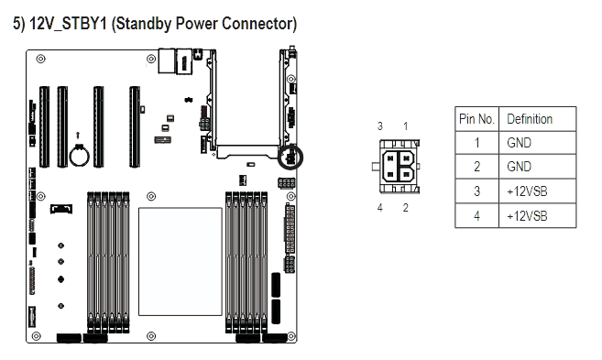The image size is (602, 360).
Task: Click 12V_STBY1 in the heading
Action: pyautogui.click(x=68, y=24)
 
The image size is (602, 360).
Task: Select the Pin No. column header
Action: pyautogui.click(x=476, y=119)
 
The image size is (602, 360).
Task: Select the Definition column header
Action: pyautogui.click(x=530, y=119)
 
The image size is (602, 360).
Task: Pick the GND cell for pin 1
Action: pyautogui.click(x=519, y=143)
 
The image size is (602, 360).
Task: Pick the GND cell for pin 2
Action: pyautogui.click(x=519, y=167)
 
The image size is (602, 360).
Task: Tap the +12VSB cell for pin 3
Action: pyautogui.click(x=527, y=191)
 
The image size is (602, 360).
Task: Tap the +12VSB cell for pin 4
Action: pyautogui.click(x=527, y=215)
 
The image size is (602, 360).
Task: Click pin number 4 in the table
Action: pyautogui.click(x=476, y=215)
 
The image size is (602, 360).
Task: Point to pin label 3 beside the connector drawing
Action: pyautogui.click(x=380, y=125)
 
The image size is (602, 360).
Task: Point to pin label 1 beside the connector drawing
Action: pyautogui.click(x=405, y=125)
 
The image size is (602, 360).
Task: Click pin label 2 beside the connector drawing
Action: pyautogui.click(x=405, y=208)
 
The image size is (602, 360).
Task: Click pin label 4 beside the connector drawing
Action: pyautogui.click(x=379, y=208)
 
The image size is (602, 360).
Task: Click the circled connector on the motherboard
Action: pyautogui.click(x=290, y=158)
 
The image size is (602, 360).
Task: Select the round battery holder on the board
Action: pyautogui.click(x=80, y=157)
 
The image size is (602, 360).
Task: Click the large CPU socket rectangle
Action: pyautogui.click(x=181, y=262)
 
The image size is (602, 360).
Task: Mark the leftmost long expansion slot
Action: pyautogui.click(x=44, y=126)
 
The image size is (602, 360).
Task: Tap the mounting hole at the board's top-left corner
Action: pyautogui.click(x=40, y=59)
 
